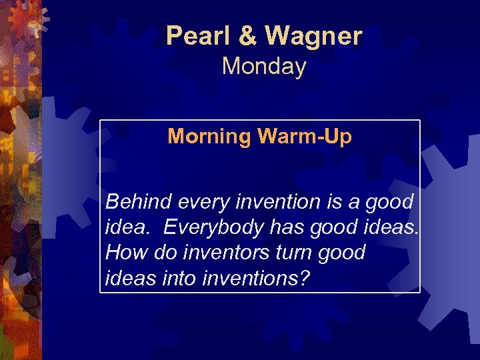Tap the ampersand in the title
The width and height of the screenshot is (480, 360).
click(247, 36)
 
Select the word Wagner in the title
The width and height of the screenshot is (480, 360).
click(313, 36)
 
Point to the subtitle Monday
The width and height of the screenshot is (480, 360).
click(264, 67)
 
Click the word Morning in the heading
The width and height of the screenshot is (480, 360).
click(208, 137)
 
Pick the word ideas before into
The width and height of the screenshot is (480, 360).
click(131, 279)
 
